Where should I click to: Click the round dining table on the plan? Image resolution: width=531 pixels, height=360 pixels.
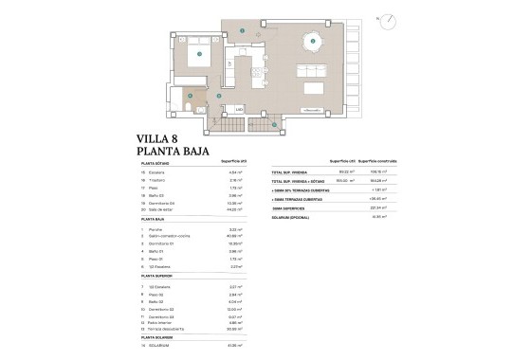pos(308,42)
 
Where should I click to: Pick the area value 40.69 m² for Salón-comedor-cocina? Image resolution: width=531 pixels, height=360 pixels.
pos(228,237)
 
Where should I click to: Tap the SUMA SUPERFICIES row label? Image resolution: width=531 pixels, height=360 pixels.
pos(288,207)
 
